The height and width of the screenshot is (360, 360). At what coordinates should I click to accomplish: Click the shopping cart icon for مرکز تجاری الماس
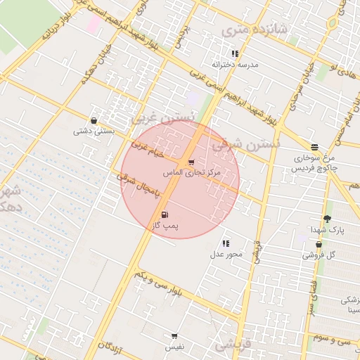pyautogui.click(x=191, y=162)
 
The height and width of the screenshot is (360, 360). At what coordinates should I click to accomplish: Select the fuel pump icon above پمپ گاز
pyautogui.click(x=165, y=214)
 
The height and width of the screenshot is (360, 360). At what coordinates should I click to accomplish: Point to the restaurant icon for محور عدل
pyautogui.click(x=226, y=243)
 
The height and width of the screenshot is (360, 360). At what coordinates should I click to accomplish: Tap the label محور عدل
pyautogui.click(x=226, y=254)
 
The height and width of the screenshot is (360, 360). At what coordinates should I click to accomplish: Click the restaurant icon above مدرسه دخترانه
pyautogui.click(x=235, y=53)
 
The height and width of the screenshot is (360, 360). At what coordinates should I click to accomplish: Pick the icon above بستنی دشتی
pyautogui.click(x=94, y=120)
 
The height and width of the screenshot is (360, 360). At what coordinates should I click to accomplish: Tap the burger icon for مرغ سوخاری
pyautogui.click(x=314, y=147)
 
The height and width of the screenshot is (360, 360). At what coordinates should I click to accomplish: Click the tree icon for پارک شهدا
pyautogui.click(x=327, y=219)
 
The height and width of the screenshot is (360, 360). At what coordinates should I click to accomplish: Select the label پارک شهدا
pyautogui.click(x=328, y=229)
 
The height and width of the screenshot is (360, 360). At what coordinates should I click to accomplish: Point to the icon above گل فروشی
pyautogui.click(x=319, y=245)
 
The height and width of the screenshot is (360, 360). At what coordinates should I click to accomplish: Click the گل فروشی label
pyautogui.click(x=319, y=255)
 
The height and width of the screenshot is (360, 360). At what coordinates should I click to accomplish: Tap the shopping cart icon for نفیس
pyautogui.click(x=174, y=336)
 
